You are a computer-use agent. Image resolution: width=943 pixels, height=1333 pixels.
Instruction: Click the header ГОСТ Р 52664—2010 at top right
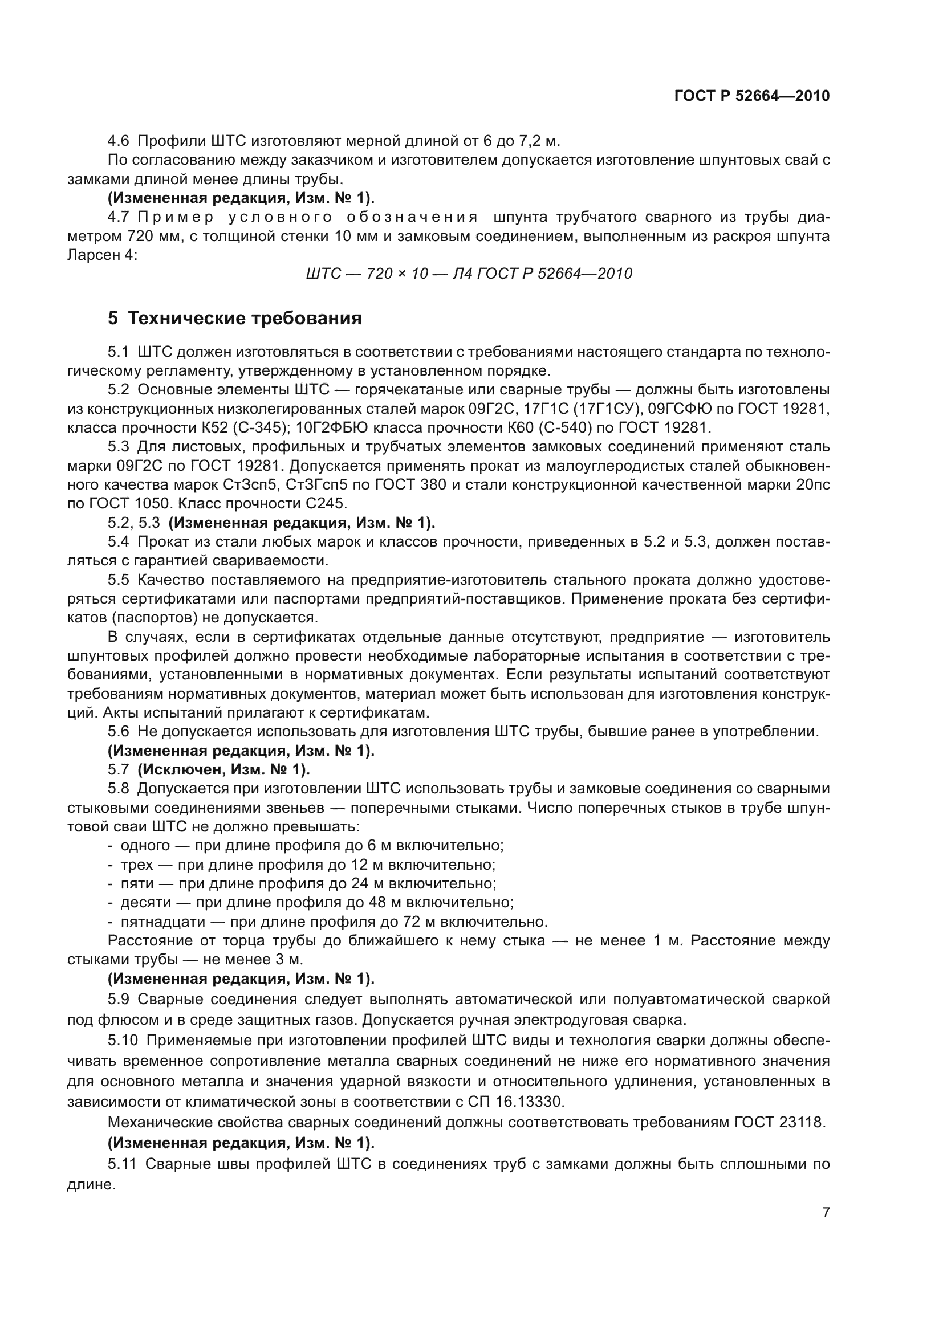pyautogui.click(x=752, y=96)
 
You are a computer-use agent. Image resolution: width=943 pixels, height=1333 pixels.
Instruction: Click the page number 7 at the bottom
pyautogui.click(x=826, y=1213)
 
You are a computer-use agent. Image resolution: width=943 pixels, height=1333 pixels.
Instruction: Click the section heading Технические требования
pyautogui.click(x=245, y=318)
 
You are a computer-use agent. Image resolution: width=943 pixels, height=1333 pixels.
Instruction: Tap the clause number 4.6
pyautogui.click(x=119, y=141)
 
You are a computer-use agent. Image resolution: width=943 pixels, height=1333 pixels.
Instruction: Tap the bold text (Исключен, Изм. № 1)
pyautogui.click(x=223, y=770)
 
